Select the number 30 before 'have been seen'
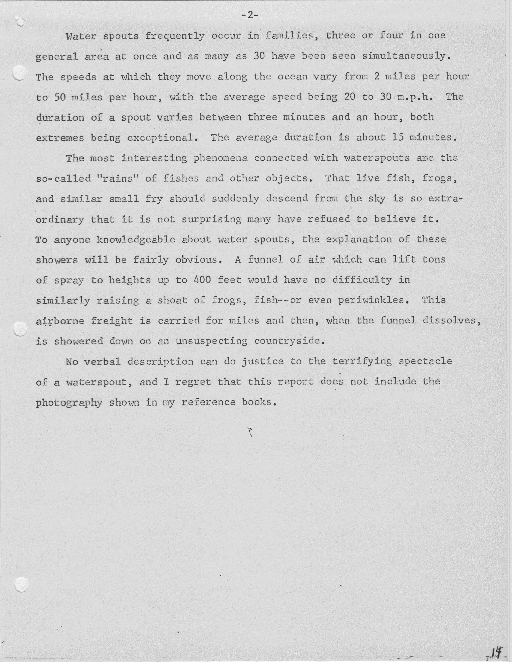(x=259, y=56)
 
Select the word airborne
(x=60, y=321)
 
